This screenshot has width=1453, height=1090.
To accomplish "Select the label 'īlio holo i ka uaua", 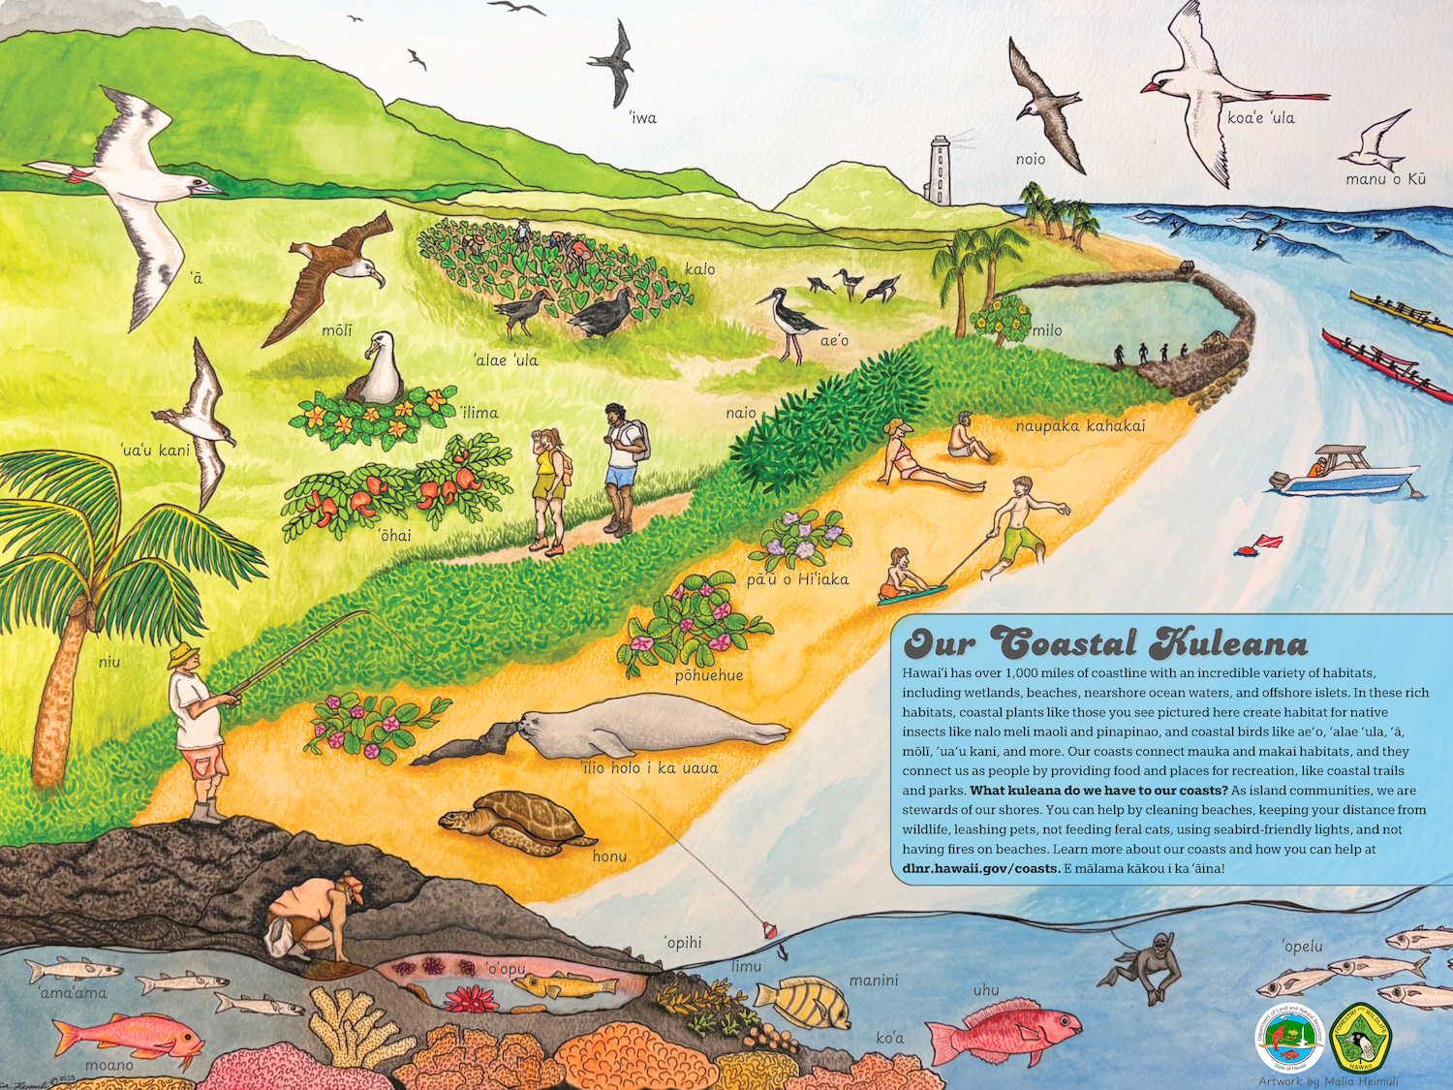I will tap(649, 768).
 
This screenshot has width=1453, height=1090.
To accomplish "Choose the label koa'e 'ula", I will tap(1260, 118).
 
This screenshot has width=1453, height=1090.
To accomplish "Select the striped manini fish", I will tap(803, 1002).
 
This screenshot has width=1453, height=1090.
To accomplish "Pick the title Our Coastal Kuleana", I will tap(1105, 643).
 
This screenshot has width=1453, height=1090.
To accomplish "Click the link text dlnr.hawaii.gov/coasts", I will tap(980, 869).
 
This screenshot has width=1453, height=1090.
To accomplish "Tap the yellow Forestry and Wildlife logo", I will tap(1360, 1038).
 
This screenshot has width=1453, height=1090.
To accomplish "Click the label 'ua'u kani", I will tap(155, 451).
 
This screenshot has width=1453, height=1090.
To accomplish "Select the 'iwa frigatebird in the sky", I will tap(613, 62).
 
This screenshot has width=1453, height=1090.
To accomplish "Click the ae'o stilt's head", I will tap(778, 294).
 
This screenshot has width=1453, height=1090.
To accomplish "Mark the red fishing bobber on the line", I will tap(769, 930).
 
